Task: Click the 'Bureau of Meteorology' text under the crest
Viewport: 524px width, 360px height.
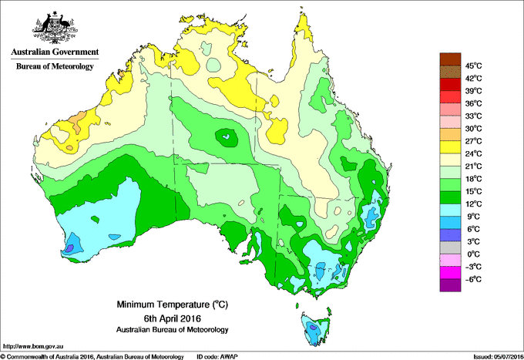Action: coord(55,67)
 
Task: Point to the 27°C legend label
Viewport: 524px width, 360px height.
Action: coord(472,141)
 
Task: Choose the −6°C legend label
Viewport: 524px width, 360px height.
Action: coord(472,279)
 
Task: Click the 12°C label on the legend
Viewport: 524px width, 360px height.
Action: coord(472,204)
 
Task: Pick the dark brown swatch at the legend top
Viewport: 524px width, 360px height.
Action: coord(449,59)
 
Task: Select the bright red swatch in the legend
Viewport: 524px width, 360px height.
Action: coord(449,96)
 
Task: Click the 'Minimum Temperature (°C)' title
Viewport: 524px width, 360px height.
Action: coord(163,304)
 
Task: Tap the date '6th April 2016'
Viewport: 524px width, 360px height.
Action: coord(163,318)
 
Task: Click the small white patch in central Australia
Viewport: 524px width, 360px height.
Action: coord(226,139)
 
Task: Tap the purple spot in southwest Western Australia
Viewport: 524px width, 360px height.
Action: coord(69,247)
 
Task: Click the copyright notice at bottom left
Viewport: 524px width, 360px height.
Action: coord(92,356)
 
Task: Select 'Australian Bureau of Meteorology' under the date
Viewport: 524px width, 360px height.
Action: coord(163,329)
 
